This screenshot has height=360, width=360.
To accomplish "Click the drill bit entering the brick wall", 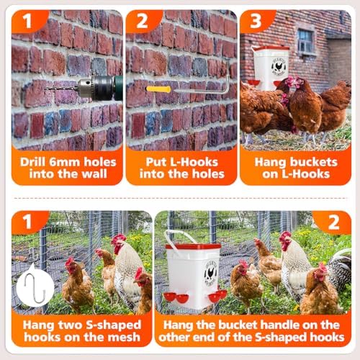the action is (x=62, y=89).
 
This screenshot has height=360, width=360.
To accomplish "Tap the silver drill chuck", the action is (x=86, y=89).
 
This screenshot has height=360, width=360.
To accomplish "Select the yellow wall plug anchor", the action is (x=158, y=89).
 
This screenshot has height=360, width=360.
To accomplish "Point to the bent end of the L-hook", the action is (x=228, y=84).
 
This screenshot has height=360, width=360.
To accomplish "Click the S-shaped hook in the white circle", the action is (x=35, y=287).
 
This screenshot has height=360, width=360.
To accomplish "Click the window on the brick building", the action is (x=305, y=41).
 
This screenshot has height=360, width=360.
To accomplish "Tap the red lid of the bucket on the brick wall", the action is (x=271, y=48).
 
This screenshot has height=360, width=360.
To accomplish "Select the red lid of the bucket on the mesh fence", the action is (x=194, y=246).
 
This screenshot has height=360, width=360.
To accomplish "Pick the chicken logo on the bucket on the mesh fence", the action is (x=210, y=274).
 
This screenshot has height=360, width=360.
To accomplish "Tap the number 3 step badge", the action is (x=256, y=21).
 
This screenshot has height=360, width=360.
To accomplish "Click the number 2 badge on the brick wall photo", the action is (x=142, y=21).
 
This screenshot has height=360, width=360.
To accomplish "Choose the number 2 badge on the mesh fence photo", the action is (x=333, y=222).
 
